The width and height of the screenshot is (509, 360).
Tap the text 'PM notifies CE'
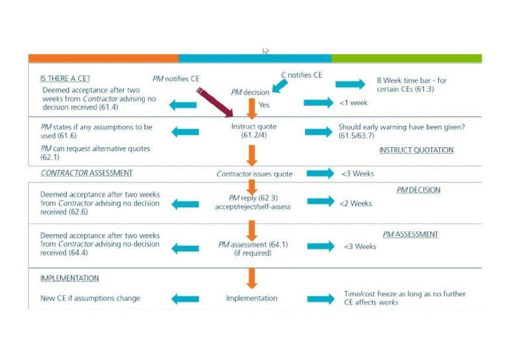tap(176, 78)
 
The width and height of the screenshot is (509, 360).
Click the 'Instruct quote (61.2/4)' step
tap(254, 131)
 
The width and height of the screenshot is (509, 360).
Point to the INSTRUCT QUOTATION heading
tap(416, 150)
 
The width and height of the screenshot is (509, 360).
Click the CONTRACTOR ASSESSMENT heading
tap(86, 173)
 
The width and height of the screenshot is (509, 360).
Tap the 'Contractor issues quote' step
tap(254, 174)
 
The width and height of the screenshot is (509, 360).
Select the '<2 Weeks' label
tap(357, 204)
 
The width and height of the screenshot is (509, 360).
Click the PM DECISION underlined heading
tap(418, 190)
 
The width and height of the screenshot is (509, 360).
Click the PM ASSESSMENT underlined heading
tap(410, 235)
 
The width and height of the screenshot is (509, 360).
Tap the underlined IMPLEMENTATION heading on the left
tap(70, 278)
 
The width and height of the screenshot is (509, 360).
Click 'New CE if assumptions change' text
tap(90, 298)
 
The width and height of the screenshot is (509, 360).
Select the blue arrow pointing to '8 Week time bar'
tap(350, 84)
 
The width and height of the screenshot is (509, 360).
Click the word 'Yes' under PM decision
tap(264, 105)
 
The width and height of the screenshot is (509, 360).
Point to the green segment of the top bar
tap(406, 58)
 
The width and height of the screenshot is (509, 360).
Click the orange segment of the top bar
tap(103, 58)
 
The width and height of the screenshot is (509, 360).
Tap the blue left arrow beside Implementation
tap(185, 299)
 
